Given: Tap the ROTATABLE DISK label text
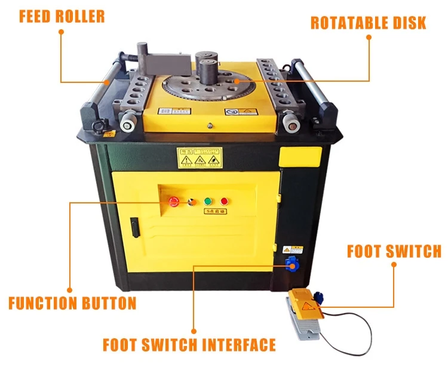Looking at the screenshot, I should click(368, 23).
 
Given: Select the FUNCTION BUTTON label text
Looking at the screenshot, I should click(72, 303).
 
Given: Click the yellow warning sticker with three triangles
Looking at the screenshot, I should click(199, 157).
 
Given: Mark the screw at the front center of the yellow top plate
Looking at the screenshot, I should click(209, 125).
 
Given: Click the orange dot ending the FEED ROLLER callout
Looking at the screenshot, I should click(108, 82).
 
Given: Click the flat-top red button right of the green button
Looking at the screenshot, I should click(224, 201).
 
